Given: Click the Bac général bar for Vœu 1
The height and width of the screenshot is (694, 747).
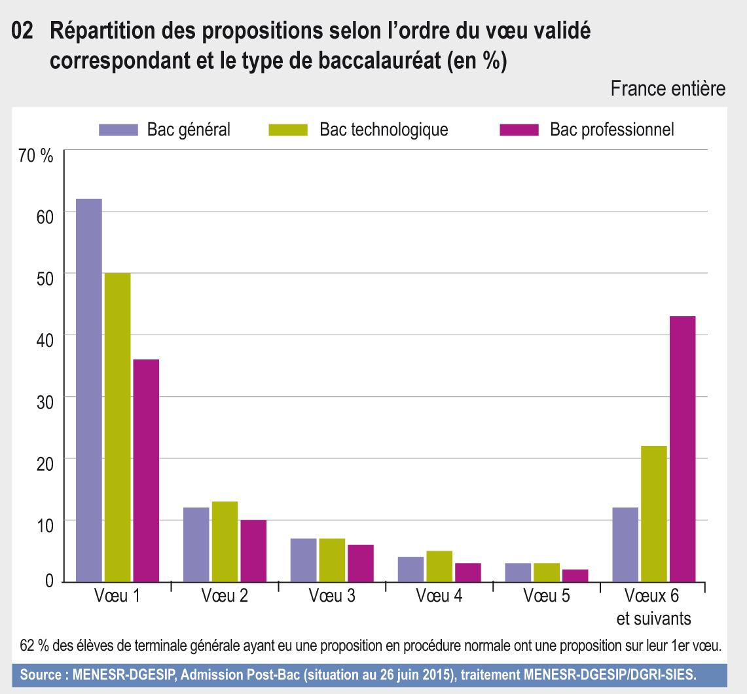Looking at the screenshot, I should pyautogui.click(x=89, y=390).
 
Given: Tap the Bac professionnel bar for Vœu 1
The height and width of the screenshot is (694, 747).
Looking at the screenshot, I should pyautogui.click(x=146, y=470).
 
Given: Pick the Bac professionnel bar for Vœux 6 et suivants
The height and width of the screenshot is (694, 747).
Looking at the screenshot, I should pyautogui.click(x=682, y=449).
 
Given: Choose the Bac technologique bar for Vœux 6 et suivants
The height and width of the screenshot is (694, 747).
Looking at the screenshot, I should pyautogui.click(x=653, y=514).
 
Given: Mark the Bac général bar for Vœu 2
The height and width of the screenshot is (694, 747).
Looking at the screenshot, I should pyautogui.click(x=196, y=545).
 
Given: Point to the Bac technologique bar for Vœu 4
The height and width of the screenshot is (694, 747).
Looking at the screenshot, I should pyautogui.click(x=439, y=566).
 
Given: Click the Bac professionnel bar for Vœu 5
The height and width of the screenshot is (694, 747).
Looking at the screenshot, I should pyautogui.click(x=575, y=575).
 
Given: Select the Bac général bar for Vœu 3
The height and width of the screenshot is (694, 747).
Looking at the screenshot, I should pyautogui.click(x=304, y=560).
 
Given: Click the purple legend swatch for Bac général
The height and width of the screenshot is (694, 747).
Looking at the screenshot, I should pyautogui.click(x=118, y=130).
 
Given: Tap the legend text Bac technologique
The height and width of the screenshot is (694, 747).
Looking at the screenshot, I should pyautogui.click(x=384, y=130).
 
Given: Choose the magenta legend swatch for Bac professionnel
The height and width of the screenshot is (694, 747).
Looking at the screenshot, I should pyautogui.click(x=519, y=130).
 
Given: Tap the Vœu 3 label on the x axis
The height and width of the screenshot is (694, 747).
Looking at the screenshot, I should pyautogui.click(x=332, y=597).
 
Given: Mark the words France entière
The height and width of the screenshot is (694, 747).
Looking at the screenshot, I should pyautogui.click(x=667, y=89).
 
